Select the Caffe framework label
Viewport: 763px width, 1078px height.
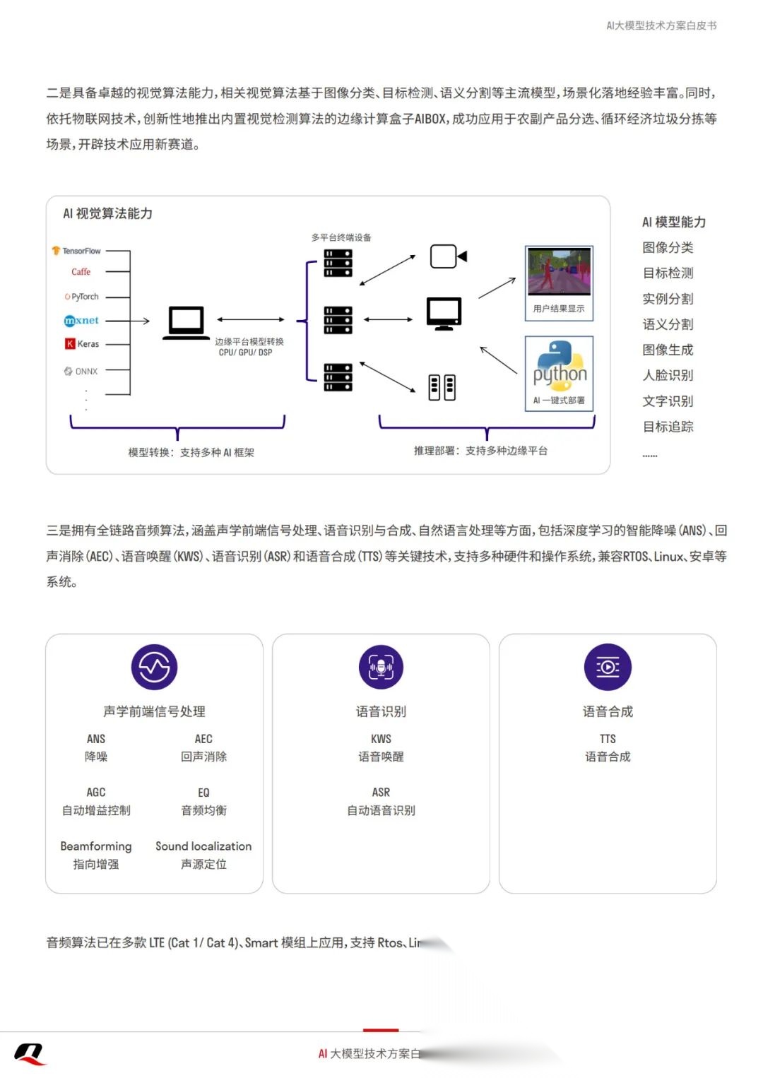tap(81, 272)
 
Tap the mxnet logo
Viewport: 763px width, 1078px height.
tap(81, 321)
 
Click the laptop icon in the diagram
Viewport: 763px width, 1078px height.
tap(186, 323)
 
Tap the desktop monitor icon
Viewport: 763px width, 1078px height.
tap(444, 314)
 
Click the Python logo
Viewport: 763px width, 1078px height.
tap(560, 367)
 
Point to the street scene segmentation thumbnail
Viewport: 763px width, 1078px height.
tap(560, 272)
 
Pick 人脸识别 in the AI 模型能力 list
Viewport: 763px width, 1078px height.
tap(668, 375)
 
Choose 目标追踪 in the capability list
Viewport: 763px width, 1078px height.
tap(668, 427)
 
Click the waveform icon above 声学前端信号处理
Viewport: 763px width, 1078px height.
tap(154, 667)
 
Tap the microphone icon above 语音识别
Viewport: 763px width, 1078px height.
tap(381, 667)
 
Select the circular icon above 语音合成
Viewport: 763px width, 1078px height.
tap(608, 667)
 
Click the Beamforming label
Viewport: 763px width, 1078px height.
tap(96, 846)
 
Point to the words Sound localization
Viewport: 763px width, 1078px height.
tap(203, 846)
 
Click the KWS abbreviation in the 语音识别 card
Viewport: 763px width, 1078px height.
tap(381, 739)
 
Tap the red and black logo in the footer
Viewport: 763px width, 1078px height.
tap(30, 1054)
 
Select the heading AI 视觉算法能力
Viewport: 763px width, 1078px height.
tap(107, 213)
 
